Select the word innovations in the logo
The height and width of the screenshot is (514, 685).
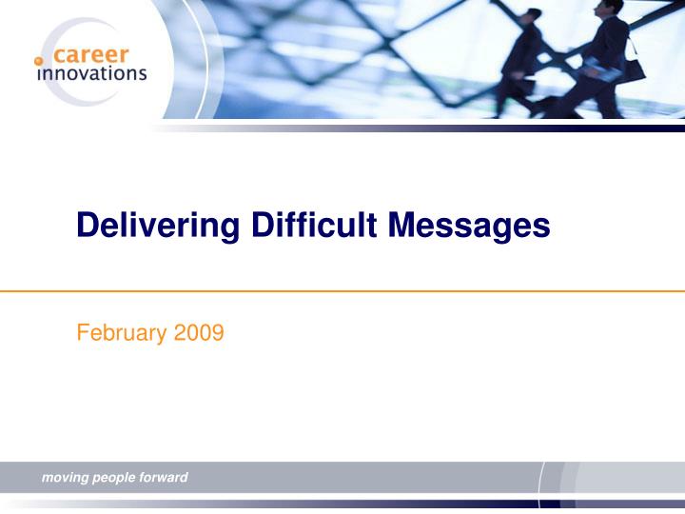(x=91, y=73)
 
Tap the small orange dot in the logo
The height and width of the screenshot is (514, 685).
(x=39, y=60)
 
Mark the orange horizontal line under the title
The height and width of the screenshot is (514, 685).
(x=342, y=291)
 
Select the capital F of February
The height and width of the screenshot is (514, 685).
(x=82, y=333)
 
